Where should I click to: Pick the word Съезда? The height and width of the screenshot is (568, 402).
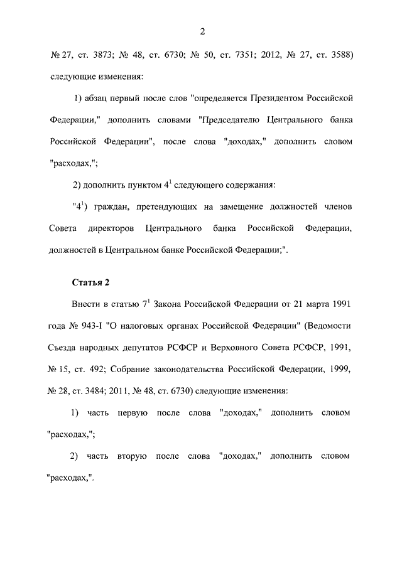[x=64, y=347]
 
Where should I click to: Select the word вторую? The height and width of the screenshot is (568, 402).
[x=132, y=455]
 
